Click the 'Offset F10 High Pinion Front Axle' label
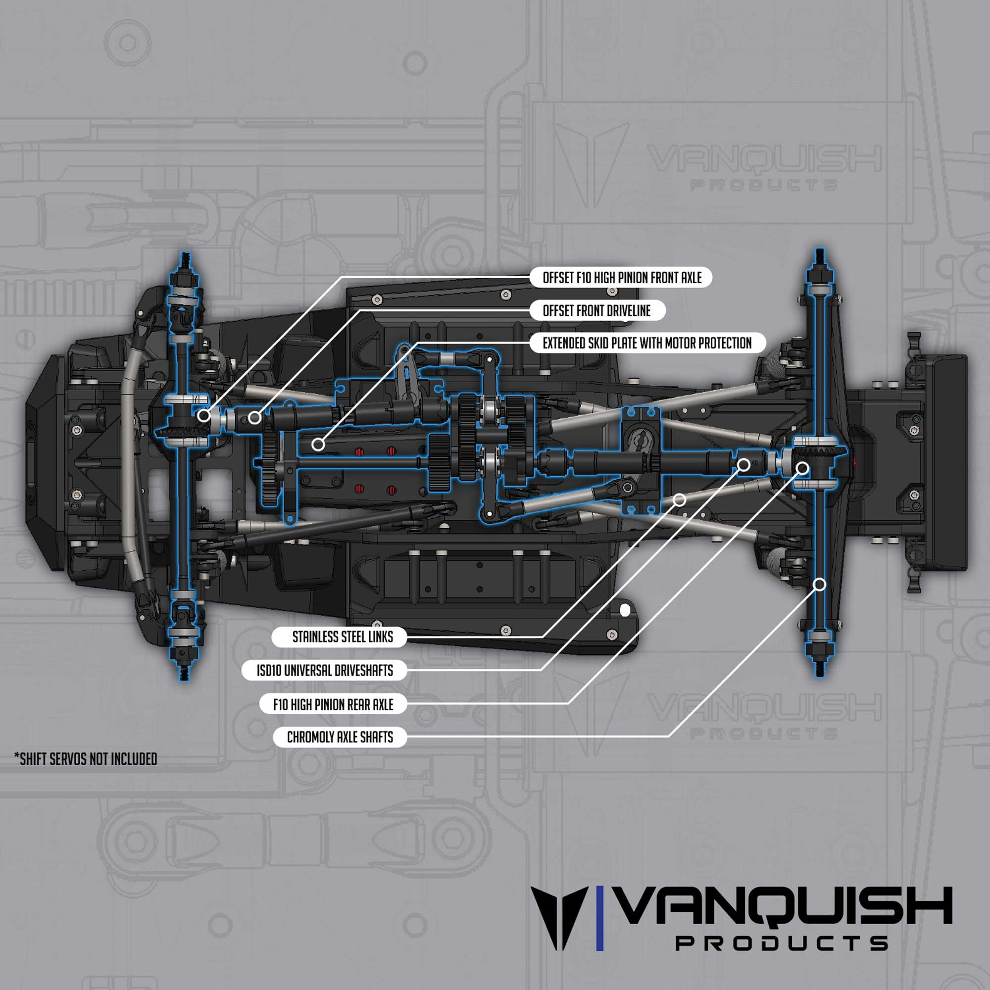(x=622, y=278)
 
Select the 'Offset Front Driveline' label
(x=597, y=310)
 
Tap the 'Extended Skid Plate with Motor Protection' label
(x=646, y=343)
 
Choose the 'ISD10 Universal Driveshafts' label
(x=324, y=670)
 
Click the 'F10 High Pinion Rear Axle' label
(x=333, y=704)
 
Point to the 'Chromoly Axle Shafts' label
(x=340, y=738)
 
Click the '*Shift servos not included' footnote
(x=86, y=759)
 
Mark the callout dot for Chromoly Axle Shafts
(x=819, y=584)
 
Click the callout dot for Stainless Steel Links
(x=680, y=499)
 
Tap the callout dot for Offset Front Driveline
(x=254, y=418)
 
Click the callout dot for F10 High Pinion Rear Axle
(x=803, y=468)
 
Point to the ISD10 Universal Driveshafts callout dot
(x=744, y=465)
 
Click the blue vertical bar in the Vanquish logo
(x=600, y=926)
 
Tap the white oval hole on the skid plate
(x=625, y=610)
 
